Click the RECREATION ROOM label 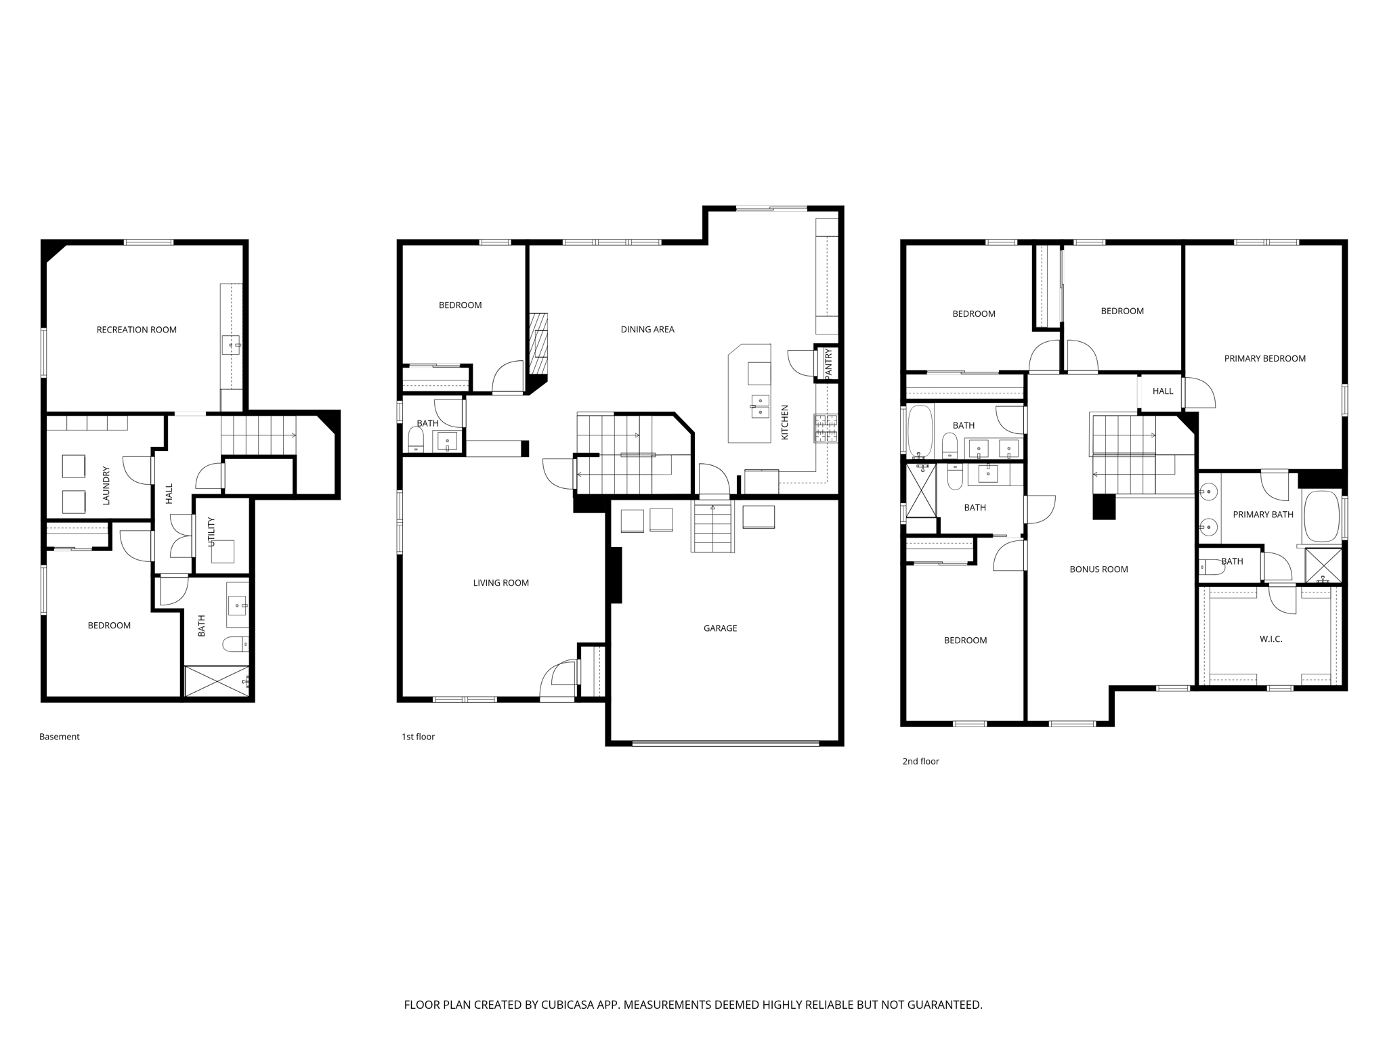point(136,330)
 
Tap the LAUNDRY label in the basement point(106,485)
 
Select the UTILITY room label point(211,532)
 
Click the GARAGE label point(720,628)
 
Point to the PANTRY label point(828,363)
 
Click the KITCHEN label point(785,422)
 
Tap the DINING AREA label point(647,330)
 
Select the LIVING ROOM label point(500,583)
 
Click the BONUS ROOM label point(1098,569)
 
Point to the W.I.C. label point(1271,639)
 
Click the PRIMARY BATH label point(1262,515)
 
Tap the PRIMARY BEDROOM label point(1264,359)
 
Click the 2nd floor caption point(920,761)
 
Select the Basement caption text point(60,737)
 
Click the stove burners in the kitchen point(826,428)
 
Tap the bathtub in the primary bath point(1321,517)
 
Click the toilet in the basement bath point(235,644)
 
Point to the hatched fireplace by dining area point(538,343)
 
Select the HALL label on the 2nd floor point(1163,391)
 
